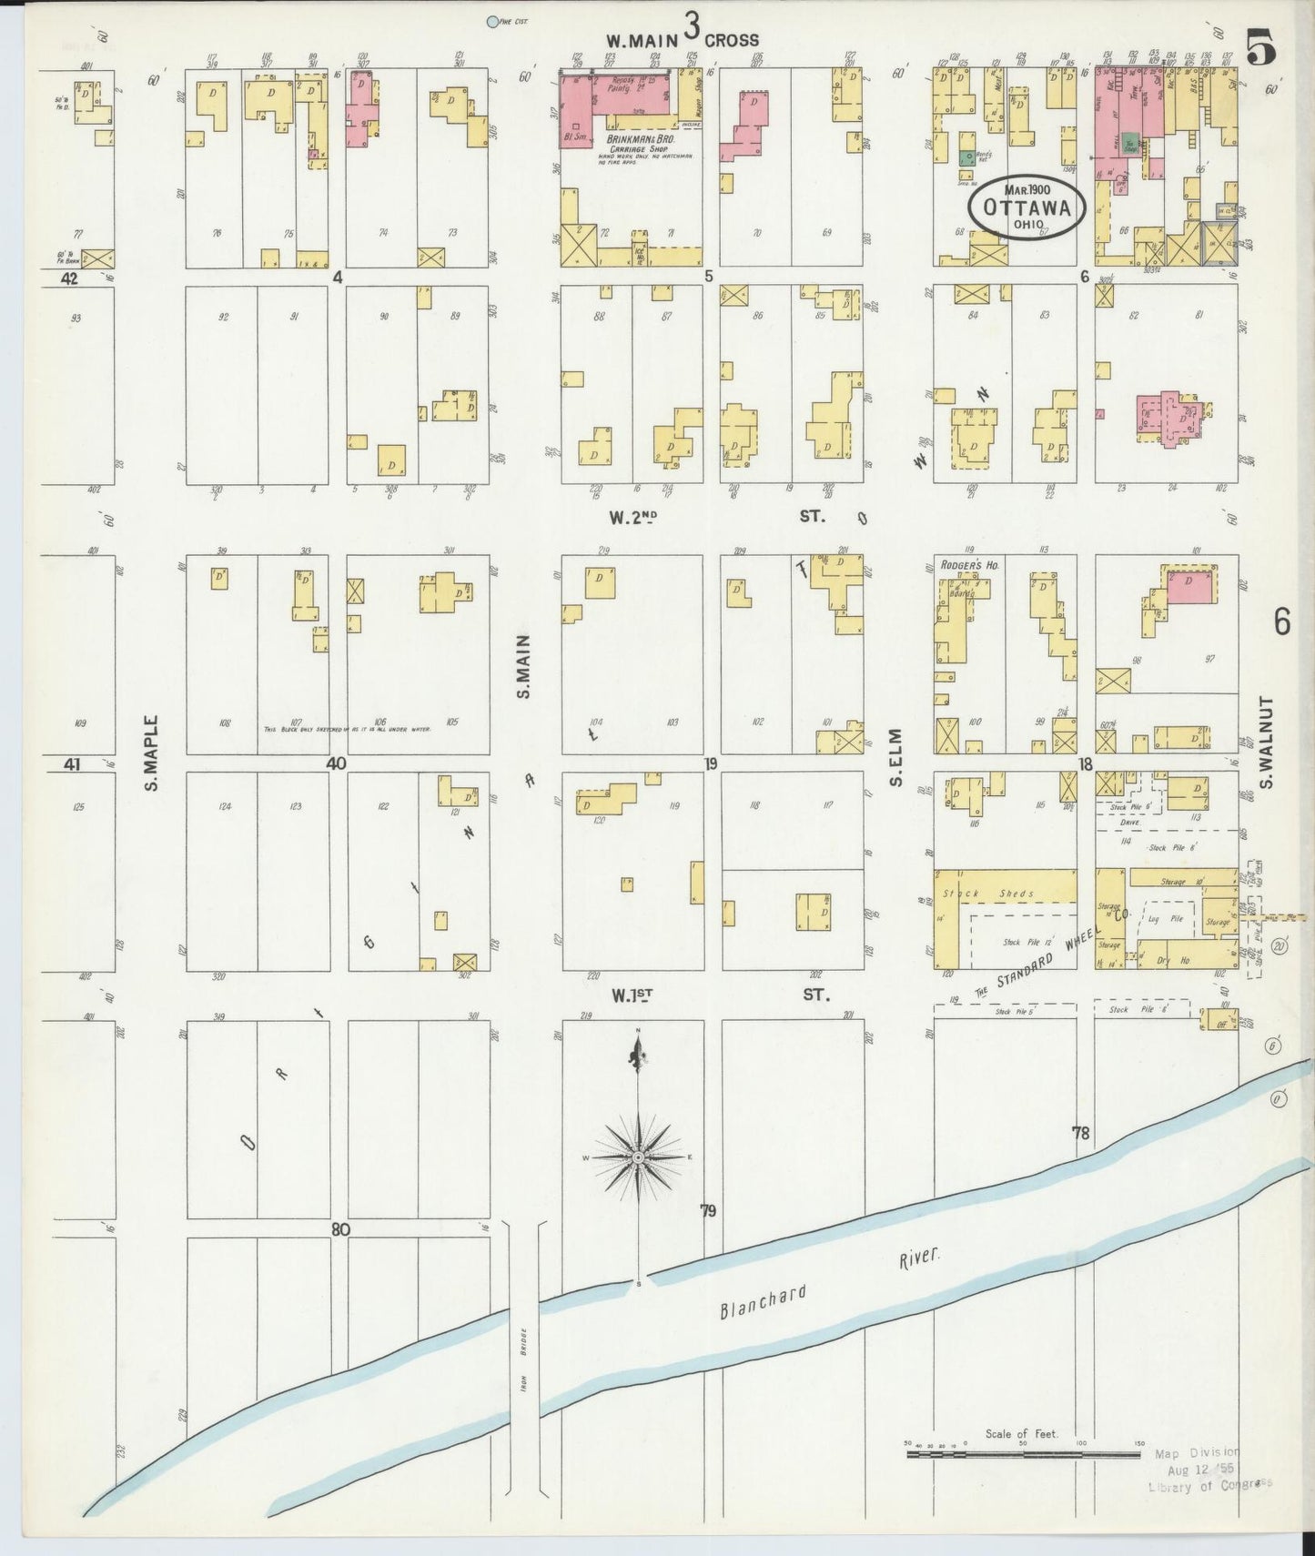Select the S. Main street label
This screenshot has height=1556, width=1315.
(x=523, y=667)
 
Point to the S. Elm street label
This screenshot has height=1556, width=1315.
(x=895, y=757)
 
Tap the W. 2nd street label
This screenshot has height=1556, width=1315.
(x=633, y=518)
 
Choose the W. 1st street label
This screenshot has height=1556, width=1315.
(x=633, y=995)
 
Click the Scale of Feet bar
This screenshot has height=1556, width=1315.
(x=1023, y=1454)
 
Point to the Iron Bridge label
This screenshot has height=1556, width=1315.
(x=523, y=1361)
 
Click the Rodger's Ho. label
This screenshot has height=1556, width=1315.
(x=969, y=566)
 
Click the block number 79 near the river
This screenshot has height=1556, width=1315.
(x=709, y=1211)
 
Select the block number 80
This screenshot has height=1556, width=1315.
(x=340, y=1229)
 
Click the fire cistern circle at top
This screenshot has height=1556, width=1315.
(x=493, y=21)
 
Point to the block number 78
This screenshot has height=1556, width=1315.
(x=1080, y=1134)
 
